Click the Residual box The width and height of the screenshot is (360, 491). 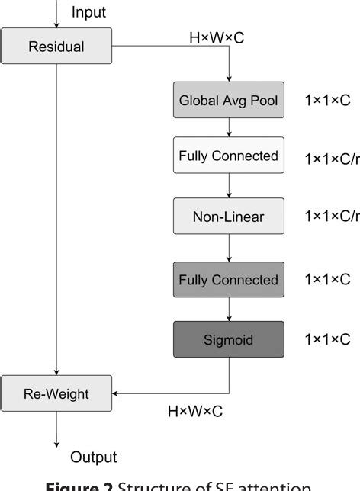pos(56,47)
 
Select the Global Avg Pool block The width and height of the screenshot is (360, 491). pos(228,100)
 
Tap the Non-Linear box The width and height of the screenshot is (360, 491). pos(228,217)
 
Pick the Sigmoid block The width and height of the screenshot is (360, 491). pos(228,339)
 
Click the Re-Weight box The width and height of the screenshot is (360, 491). pos(56,394)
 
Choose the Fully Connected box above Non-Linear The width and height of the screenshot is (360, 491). pos(228,156)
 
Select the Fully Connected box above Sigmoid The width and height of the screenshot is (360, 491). pos(228,280)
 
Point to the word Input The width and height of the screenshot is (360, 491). pos(88,12)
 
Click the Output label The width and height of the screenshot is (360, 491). pos(94,457)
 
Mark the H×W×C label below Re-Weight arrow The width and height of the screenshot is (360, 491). pos(195,412)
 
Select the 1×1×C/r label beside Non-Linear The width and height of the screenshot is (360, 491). pos(331,217)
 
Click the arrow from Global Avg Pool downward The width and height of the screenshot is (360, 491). pos(228,127)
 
